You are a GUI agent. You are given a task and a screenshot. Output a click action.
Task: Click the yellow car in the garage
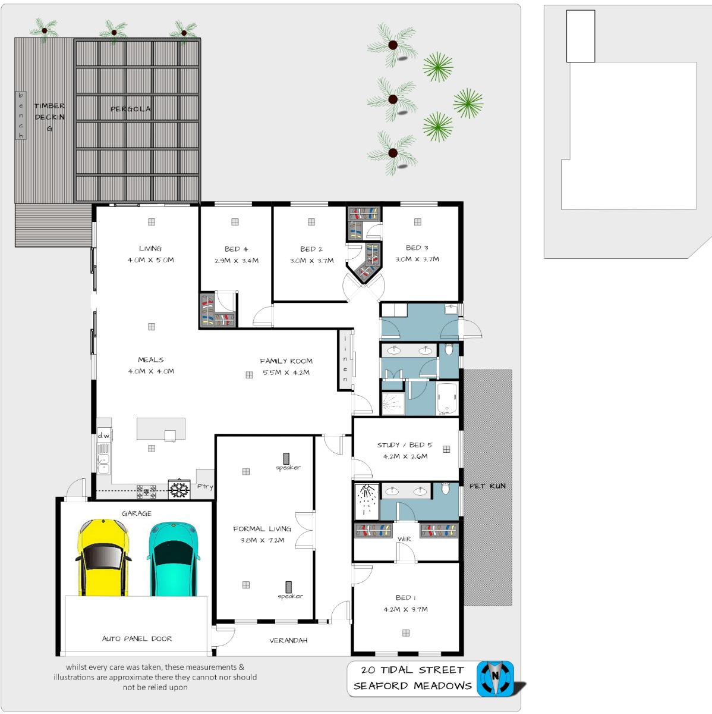103,558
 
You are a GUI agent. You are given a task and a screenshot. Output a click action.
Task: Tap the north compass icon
495,678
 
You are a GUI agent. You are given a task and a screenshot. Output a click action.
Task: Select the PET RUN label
487,486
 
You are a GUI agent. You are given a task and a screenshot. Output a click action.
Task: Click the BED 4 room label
236,249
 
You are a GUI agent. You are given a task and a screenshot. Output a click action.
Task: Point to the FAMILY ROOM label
286,361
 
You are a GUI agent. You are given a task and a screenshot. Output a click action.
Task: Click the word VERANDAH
288,640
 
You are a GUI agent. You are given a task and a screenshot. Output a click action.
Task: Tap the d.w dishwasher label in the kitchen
103,436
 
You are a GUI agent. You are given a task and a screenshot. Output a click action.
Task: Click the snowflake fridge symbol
179,490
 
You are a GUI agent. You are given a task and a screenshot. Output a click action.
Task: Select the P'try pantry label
205,487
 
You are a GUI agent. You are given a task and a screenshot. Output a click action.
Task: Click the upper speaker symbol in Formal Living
286,458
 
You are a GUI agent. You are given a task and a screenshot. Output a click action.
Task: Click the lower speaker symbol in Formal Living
288,587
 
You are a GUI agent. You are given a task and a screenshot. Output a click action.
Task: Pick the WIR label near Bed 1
404,538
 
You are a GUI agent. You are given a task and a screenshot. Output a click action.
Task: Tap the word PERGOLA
131,109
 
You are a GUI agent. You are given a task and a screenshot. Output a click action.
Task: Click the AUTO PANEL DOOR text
137,638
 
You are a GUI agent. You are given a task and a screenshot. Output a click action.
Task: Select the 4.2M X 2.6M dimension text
405,456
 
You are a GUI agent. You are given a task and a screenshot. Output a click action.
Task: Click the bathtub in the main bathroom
448,398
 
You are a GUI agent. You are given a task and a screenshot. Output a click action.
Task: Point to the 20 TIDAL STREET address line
412,670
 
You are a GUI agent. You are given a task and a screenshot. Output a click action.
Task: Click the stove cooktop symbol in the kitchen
147,491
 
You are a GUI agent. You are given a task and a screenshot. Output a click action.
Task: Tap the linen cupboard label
345,359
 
